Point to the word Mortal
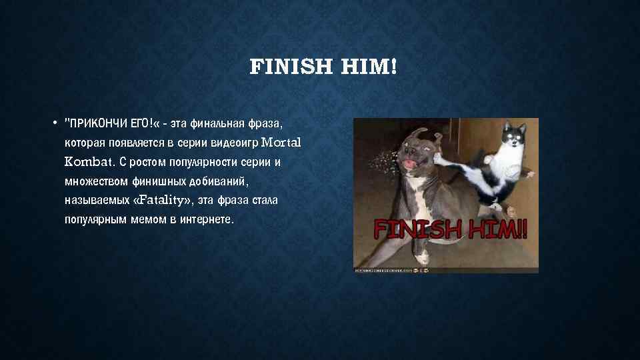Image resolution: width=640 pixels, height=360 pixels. coord(282,142)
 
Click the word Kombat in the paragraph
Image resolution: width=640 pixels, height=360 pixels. coord(89,161)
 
